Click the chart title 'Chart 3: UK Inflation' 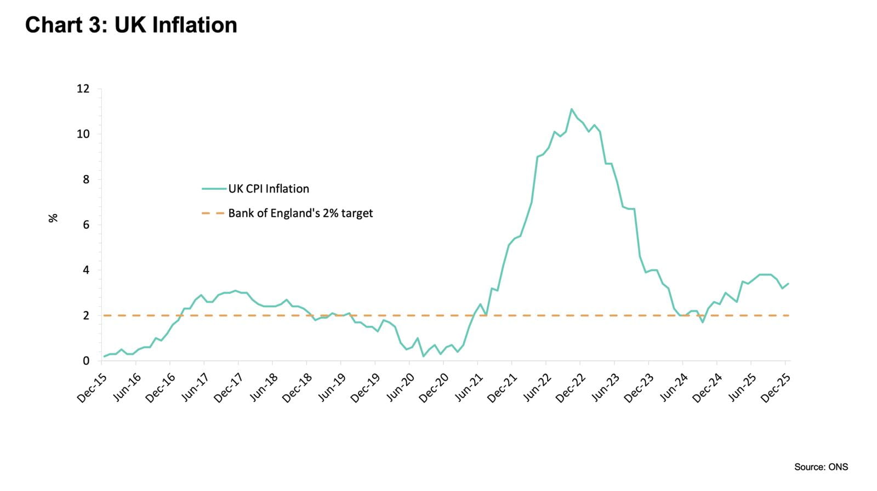coord(131,25)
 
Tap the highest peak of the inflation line coord(571,109)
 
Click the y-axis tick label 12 coord(83,89)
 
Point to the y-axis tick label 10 coord(83,134)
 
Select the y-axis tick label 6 coord(86,225)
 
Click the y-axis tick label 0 coord(86,361)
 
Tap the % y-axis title coord(53,218)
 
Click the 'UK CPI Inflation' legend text coord(269,189)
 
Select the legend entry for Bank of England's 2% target coord(300,213)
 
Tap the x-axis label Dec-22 coord(571,387)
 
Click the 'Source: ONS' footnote coord(821,467)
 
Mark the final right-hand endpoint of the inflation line coord(788,284)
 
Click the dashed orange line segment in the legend coord(213,213)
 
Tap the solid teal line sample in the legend coord(214,189)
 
